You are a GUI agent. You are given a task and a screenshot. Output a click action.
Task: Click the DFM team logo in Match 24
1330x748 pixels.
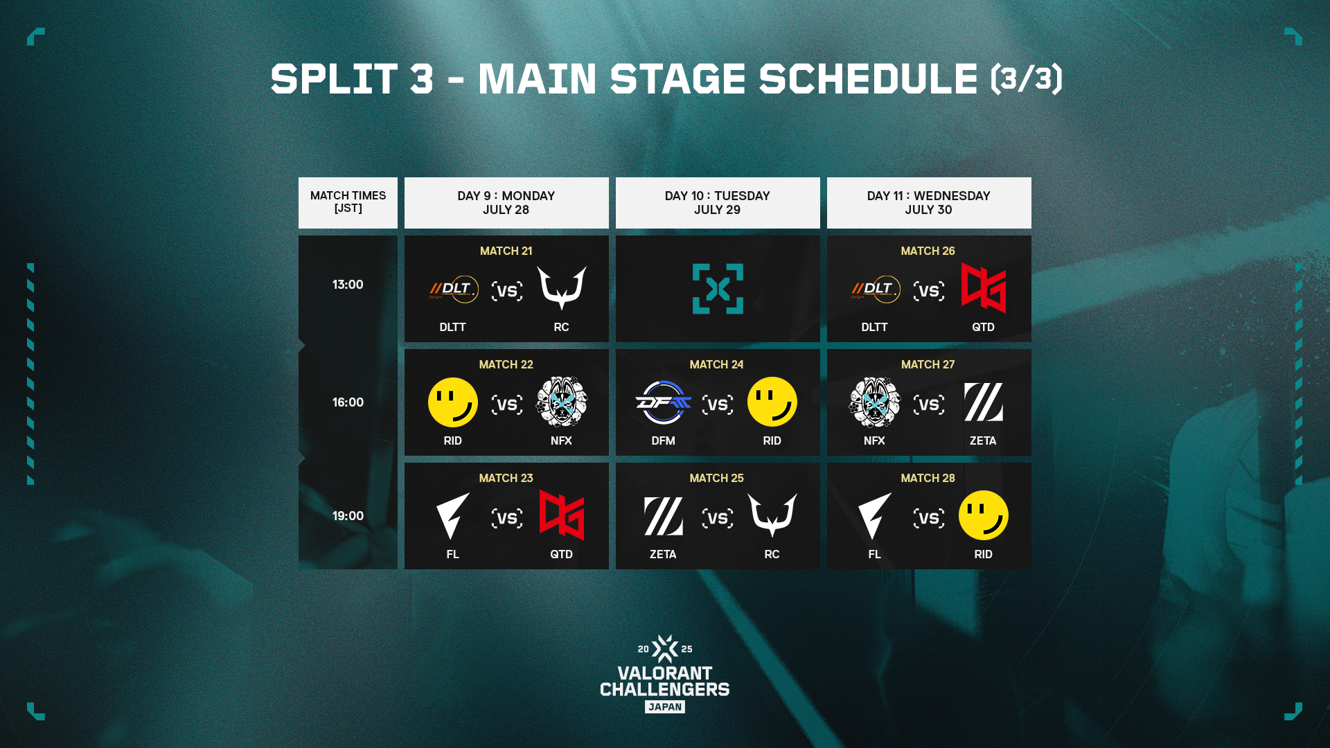(x=663, y=402)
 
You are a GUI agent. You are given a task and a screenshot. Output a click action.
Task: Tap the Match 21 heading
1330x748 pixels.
(x=506, y=251)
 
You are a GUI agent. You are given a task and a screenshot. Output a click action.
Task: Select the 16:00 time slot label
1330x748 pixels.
(x=348, y=402)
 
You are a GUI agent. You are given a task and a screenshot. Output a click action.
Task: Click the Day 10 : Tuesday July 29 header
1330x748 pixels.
(x=718, y=203)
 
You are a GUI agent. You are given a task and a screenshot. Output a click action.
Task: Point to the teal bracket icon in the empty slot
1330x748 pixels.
(x=718, y=289)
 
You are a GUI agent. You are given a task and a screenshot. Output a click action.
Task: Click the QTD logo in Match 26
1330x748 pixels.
(x=983, y=288)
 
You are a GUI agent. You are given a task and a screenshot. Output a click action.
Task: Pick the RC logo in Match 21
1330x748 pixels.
(x=562, y=287)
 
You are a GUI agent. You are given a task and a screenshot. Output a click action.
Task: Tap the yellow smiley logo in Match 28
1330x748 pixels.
(x=984, y=515)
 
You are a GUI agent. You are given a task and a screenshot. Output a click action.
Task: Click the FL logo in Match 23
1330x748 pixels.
(x=453, y=516)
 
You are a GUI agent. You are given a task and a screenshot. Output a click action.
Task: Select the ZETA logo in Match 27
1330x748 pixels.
(x=984, y=402)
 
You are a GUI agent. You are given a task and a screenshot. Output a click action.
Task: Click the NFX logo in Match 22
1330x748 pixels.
(x=562, y=402)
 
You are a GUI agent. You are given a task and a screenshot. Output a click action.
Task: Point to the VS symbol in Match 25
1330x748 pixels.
(x=718, y=518)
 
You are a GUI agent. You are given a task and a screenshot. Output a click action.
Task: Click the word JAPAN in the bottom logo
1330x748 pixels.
(x=665, y=707)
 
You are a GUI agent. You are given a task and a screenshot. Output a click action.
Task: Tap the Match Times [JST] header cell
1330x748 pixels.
(x=348, y=203)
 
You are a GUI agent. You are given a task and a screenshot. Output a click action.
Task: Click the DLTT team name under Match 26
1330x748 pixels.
(x=874, y=327)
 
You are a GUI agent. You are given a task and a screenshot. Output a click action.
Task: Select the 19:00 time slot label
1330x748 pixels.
(x=348, y=516)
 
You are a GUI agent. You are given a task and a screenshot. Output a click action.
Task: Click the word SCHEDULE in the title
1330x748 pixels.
(x=869, y=79)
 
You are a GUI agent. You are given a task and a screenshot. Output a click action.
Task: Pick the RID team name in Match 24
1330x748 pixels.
(x=772, y=440)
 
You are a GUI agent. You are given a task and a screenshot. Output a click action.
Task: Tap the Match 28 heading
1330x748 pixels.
(x=928, y=479)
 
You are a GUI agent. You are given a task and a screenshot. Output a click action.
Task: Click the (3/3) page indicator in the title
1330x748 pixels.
(x=1027, y=79)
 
